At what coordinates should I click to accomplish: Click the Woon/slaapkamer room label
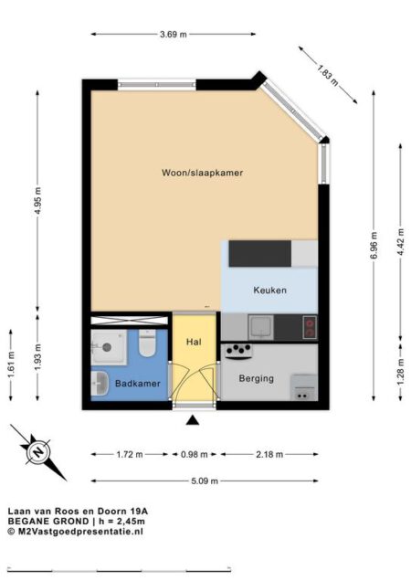click(x=202, y=172)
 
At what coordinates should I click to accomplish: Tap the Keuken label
click(x=269, y=290)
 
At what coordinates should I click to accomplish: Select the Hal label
click(x=194, y=342)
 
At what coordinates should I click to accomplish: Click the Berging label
click(x=257, y=377)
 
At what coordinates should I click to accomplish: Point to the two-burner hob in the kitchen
click(x=309, y=325)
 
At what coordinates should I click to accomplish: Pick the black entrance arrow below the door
click(x=193, y=420)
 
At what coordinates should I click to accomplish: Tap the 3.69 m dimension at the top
click(x=173, y=35)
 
